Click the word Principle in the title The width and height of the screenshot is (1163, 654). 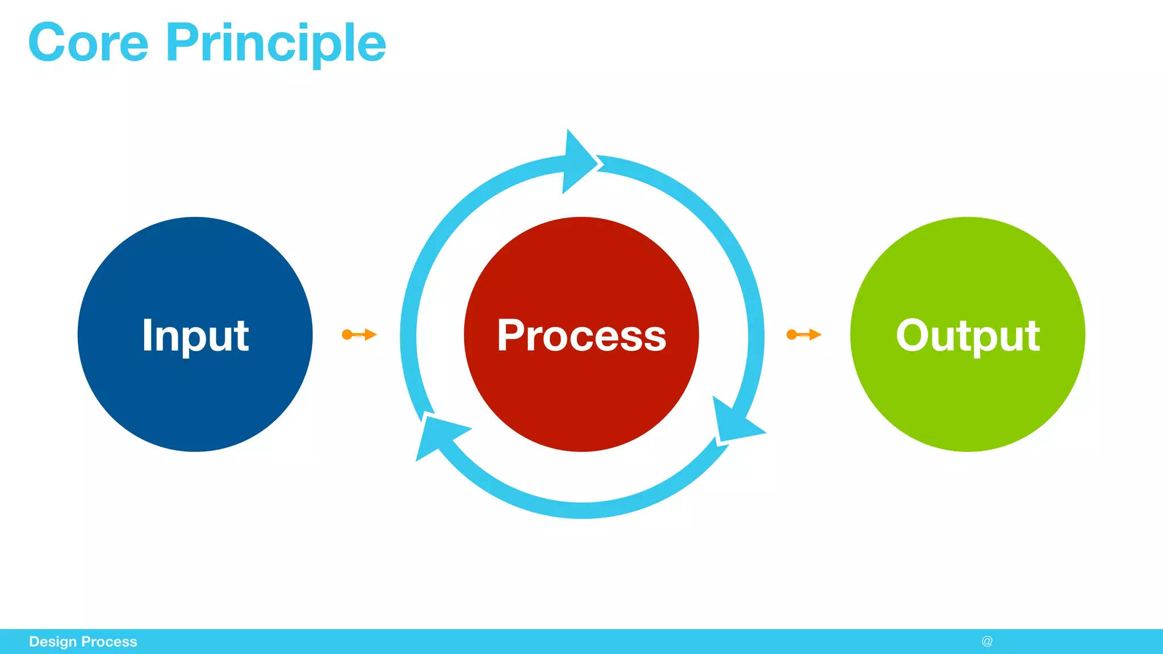click(x=275, y=44)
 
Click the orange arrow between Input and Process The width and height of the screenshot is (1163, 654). click(x=359, y=334)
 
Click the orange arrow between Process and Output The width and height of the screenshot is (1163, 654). click(x=804, y=334)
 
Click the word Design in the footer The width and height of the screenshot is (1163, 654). click(x=52, y=642)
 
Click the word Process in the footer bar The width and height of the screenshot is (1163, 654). click(x=109, y=642)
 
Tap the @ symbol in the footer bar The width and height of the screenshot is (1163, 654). click(x=987, y=642)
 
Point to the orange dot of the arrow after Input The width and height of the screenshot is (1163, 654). click(x=347, y=334)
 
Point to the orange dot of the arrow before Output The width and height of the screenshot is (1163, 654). click(x=792, y=334)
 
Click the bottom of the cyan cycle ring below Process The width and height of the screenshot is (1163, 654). click(x=581, y=510)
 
